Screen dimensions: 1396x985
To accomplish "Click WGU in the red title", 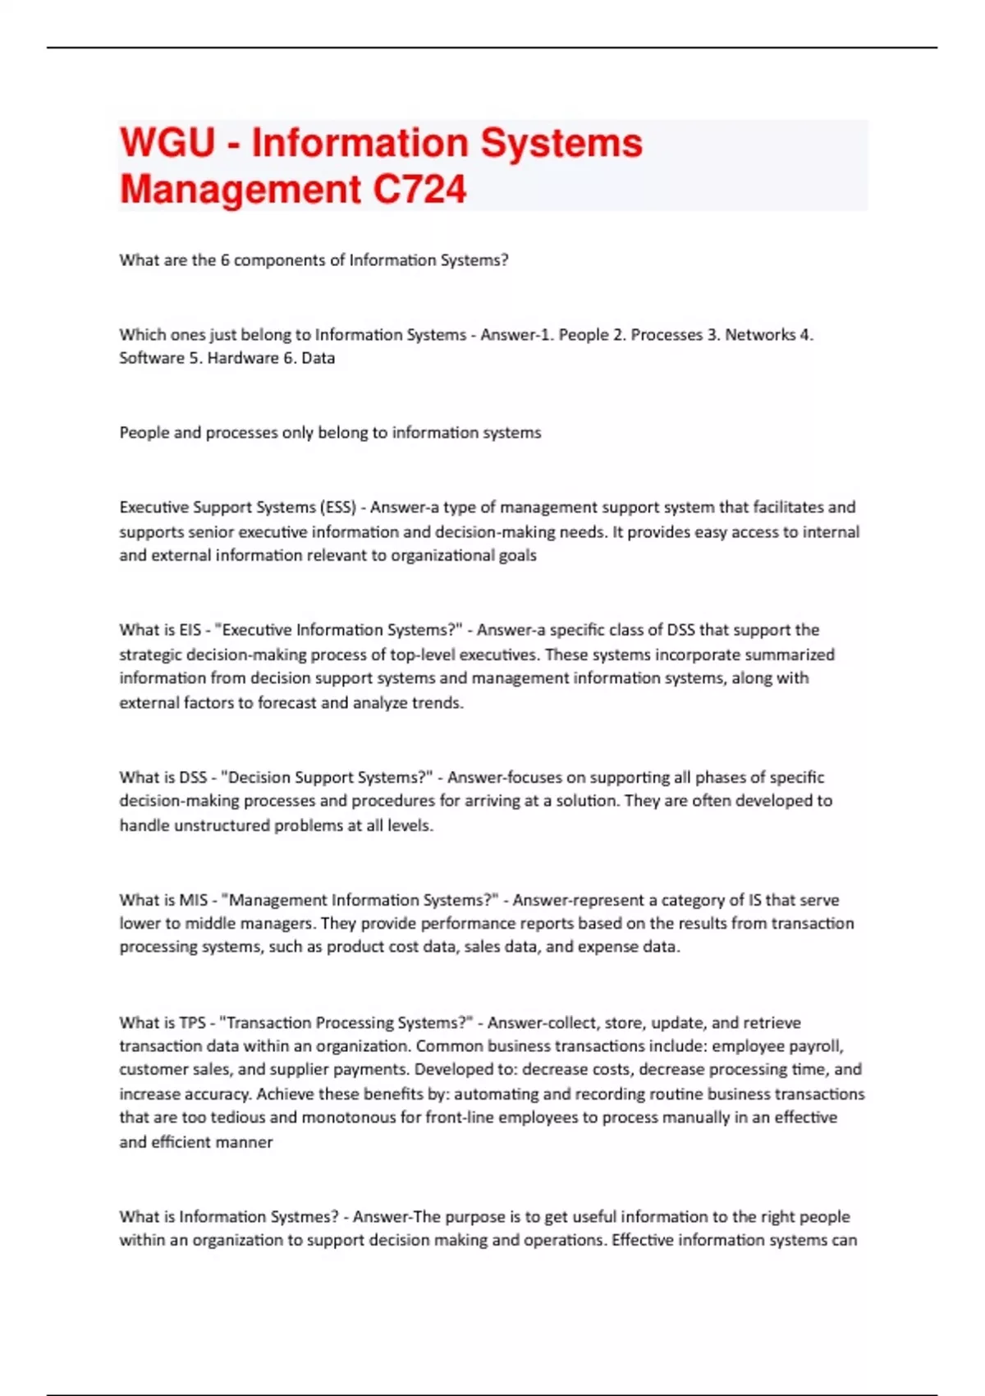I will click(167, 143).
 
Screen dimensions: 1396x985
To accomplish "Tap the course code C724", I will click(419, 190).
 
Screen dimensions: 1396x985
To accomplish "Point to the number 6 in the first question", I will click(224, 260).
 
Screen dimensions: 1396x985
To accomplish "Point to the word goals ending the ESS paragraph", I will click(517, 555).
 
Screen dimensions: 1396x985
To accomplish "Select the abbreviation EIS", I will click(190, 630).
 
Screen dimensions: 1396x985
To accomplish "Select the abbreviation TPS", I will click(192, 1023).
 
